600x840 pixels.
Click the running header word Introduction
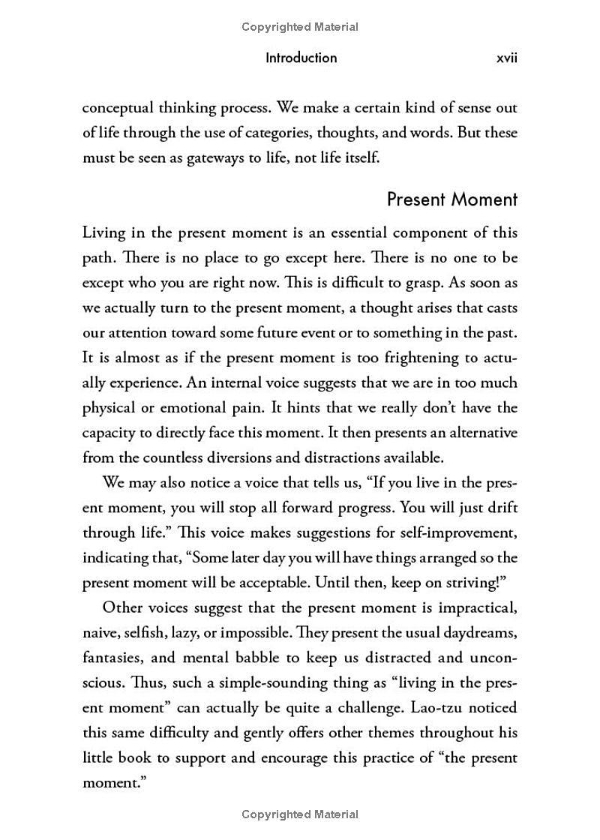click(x=301, y=58)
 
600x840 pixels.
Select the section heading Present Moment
click(x=451, y=199)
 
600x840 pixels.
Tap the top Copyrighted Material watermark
click(x=300, y=27)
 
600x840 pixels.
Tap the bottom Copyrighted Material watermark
click(x=300, y=814)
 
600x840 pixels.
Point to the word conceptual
click(x=121, y=108)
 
